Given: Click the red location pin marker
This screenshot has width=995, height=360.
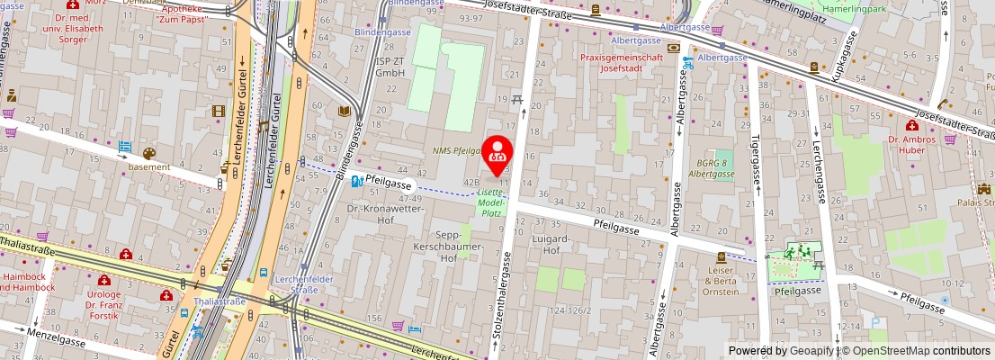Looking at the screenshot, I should click(497, 156).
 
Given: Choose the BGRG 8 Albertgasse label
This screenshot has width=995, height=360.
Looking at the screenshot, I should click(710, 167).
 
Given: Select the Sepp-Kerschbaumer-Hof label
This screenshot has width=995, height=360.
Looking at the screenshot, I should click(460, 240).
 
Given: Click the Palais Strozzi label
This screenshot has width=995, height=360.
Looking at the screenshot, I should click(977, 202).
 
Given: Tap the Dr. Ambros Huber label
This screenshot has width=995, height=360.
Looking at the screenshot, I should click(912, 145).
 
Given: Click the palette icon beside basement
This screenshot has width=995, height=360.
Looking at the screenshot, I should click(148, 154).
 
